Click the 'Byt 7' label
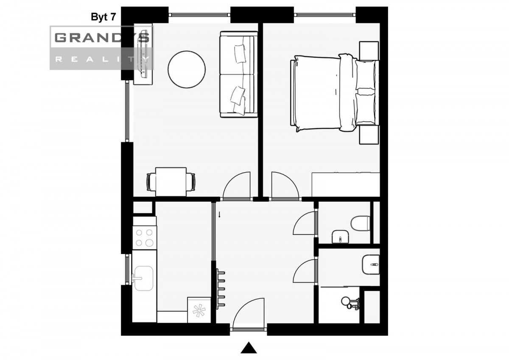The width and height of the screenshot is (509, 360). [103, 17]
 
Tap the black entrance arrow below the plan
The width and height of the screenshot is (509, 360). [249, 348]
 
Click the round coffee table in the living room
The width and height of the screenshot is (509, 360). [187, 69]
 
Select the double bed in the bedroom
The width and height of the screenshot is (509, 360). [335, 93]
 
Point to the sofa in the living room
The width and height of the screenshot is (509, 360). [238, 74]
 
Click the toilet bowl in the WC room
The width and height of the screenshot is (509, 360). [360, 223]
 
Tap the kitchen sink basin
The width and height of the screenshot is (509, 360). [144, 278]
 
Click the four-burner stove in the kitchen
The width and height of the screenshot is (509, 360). [145, 238]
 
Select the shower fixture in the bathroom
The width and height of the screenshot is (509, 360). [350, 303]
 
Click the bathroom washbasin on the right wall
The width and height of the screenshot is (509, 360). [371, 264]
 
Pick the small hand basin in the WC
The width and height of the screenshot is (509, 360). [340, 237]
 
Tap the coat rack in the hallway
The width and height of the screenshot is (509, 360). [220, 289]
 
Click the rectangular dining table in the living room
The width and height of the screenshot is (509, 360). [171, 182]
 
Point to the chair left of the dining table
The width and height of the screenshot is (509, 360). [151, 182]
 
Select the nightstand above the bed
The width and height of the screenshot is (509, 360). [369, 51]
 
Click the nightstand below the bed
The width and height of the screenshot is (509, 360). [369, 134]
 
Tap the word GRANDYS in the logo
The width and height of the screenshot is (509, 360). [102, 37]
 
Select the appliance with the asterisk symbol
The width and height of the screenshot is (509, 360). [199, 310]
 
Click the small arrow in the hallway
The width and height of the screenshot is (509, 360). [220, 215]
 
